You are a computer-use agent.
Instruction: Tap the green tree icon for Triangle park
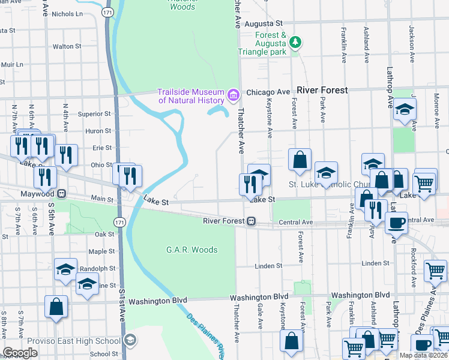click(295, 42)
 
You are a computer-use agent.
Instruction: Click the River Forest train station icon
click(253, 221)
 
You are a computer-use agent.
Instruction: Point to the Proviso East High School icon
click(130, 341)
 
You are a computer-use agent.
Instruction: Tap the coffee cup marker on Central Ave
click(396, 222)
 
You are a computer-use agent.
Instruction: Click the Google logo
click(20, 353)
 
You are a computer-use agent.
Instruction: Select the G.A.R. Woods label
click(191, 250)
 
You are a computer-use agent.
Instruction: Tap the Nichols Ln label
click(67, 13)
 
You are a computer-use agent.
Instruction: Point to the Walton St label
click(67, 46)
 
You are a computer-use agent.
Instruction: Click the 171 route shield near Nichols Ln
click(107, 12)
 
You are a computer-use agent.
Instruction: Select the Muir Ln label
click(11, 64)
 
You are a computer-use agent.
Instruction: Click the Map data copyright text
click(423, 355)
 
